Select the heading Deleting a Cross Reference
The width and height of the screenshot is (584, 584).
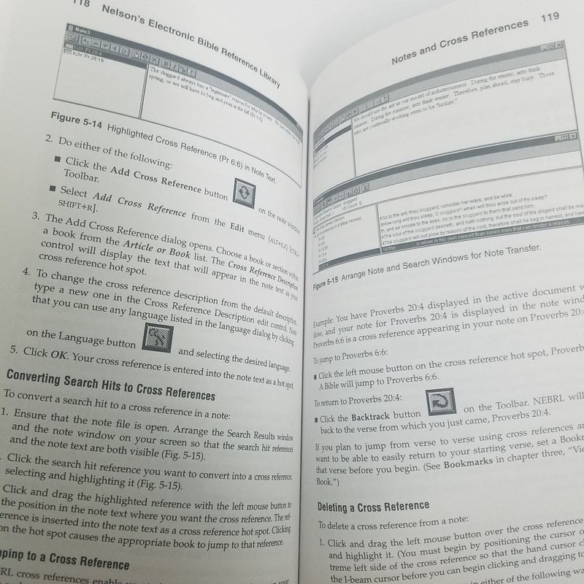[x=373, y=505]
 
